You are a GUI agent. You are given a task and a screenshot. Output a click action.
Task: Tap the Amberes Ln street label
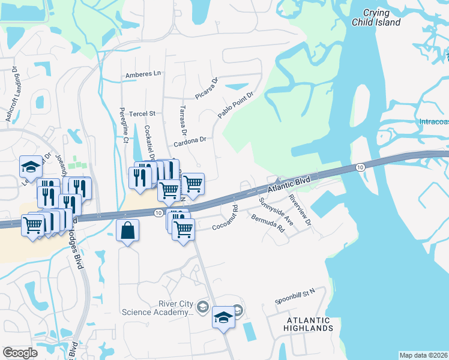click(143, 74)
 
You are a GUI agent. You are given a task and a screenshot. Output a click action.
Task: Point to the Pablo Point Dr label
click(237, 104)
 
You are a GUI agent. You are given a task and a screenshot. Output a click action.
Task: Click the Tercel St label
click(143, 113)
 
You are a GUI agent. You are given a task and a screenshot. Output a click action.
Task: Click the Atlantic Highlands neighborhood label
click(309, 324)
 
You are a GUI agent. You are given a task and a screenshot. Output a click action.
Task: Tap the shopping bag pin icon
click(128, 230)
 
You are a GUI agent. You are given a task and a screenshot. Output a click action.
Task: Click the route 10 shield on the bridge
click(359, 167)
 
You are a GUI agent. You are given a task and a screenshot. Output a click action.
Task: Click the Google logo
click(20, 353)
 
